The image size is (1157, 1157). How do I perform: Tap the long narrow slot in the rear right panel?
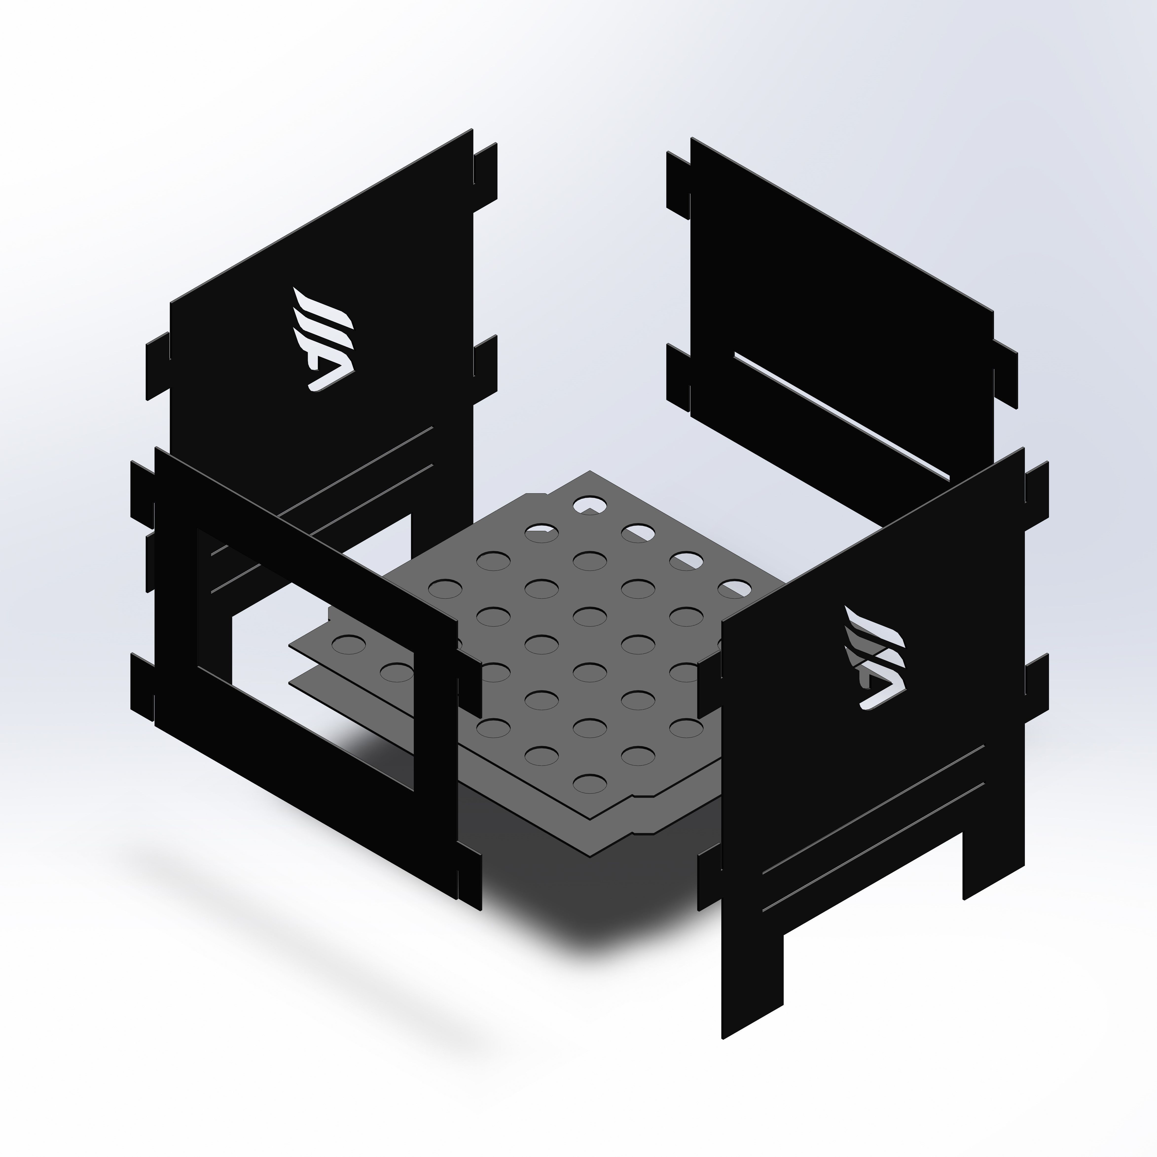(841, 416)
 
